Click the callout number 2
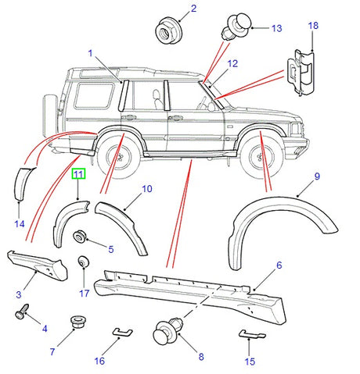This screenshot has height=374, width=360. click(x=193, y=9)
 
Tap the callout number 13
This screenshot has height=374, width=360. click(x=275, y=28)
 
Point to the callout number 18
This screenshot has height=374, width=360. click(x=313, y=26)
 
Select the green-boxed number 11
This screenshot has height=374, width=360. click(x=78, y=175)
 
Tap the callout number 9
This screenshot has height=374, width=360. click(x=317, y=176)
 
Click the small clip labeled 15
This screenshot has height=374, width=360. click(x=248, y=334)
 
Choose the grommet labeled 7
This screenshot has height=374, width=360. click(x=77, y=322)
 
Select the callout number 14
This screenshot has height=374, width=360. click(x=20, y=224)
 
